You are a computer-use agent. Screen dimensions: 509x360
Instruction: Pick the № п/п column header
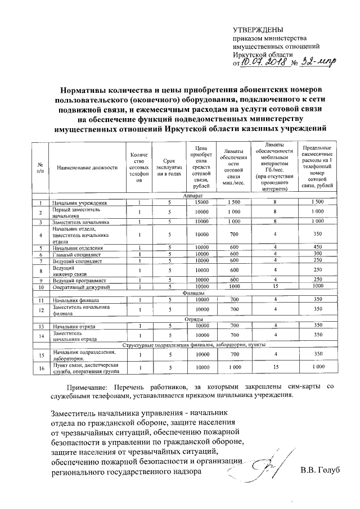40,168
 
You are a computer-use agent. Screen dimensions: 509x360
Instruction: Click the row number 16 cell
40,368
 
